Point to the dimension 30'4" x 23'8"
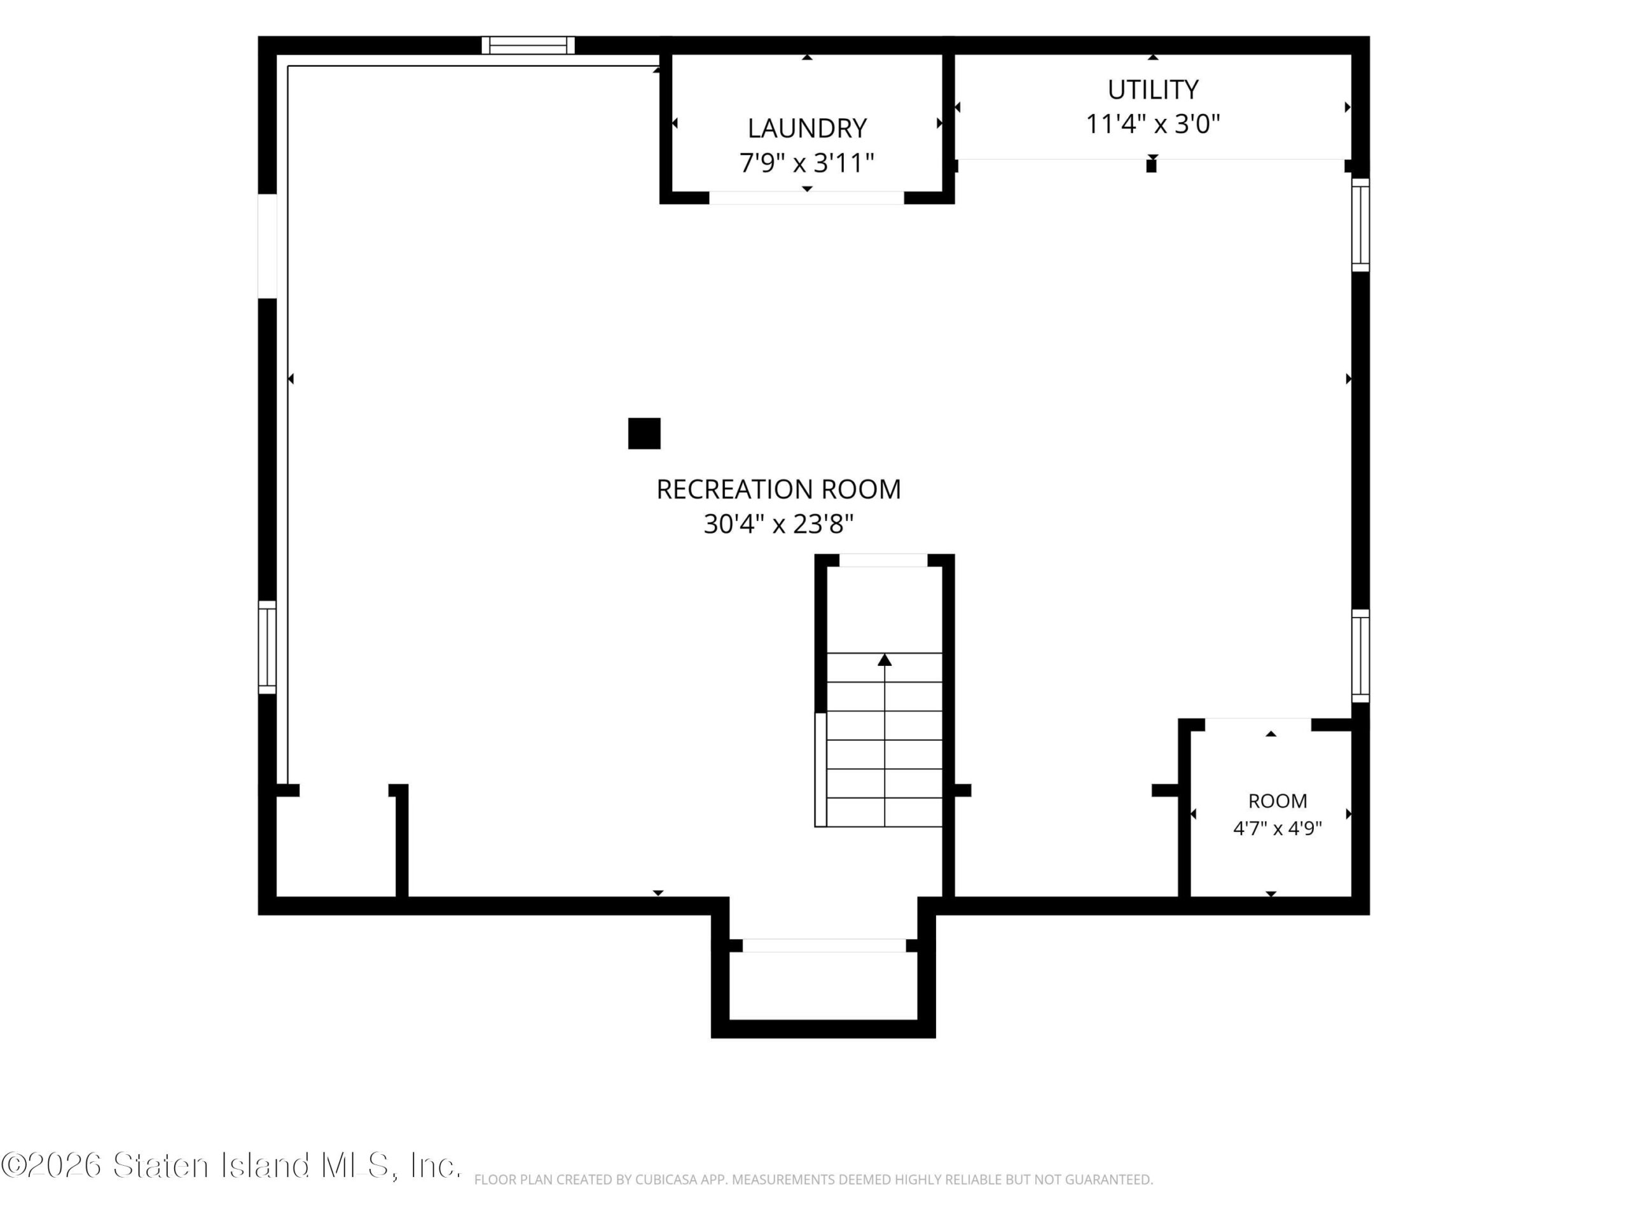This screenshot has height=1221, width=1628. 778,524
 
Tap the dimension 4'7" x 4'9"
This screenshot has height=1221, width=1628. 1277,829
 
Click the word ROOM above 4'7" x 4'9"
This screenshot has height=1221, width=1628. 1278,801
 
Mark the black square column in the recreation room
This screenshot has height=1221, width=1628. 644,434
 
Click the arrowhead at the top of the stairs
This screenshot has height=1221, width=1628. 885,660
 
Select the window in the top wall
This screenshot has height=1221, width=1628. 528,45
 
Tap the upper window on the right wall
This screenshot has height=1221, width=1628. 1360,225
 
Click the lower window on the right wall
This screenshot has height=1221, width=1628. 1360,656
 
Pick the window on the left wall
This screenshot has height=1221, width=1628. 267,647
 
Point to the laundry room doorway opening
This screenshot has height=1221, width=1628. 806,197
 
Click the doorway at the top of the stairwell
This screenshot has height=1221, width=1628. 883,560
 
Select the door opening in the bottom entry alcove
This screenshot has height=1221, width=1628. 824,946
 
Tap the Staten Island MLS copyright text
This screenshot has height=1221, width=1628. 231,1165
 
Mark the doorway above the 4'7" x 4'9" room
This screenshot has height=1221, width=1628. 1258,725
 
